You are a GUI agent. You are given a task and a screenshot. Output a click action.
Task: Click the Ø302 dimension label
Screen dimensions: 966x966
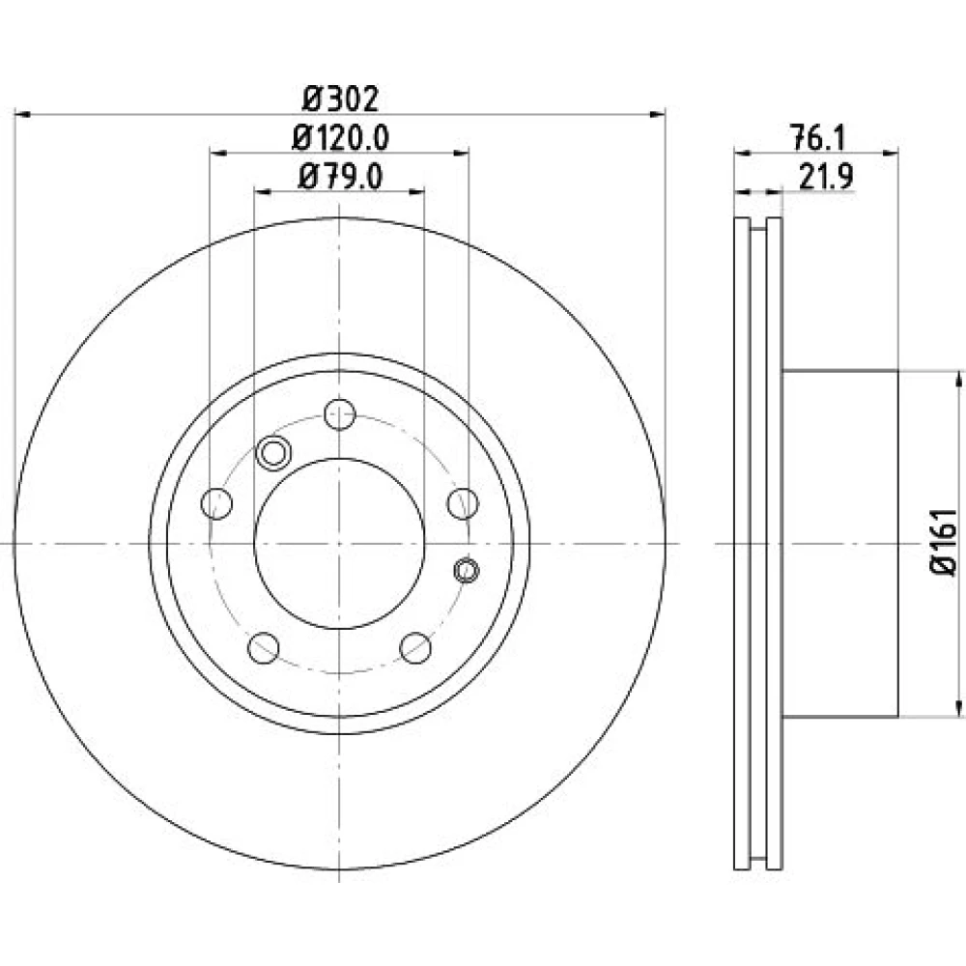[339, 99]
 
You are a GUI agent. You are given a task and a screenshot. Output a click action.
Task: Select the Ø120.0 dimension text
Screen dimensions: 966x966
[340, 138]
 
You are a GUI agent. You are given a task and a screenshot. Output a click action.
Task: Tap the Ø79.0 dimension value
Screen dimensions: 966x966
[340, 177]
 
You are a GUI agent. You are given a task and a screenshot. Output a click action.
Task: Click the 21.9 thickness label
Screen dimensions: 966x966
[826, 178]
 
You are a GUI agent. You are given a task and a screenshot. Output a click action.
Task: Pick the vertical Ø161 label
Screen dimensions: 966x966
[943, 542]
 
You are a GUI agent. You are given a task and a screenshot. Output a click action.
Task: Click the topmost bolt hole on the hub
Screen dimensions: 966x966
[339, 414]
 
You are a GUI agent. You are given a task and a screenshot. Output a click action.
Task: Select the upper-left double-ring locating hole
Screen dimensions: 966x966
[273, 453]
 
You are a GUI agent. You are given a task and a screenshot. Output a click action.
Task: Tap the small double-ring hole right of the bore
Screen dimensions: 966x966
[467, 570]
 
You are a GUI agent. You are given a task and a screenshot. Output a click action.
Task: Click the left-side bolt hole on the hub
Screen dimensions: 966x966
[216, 503]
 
